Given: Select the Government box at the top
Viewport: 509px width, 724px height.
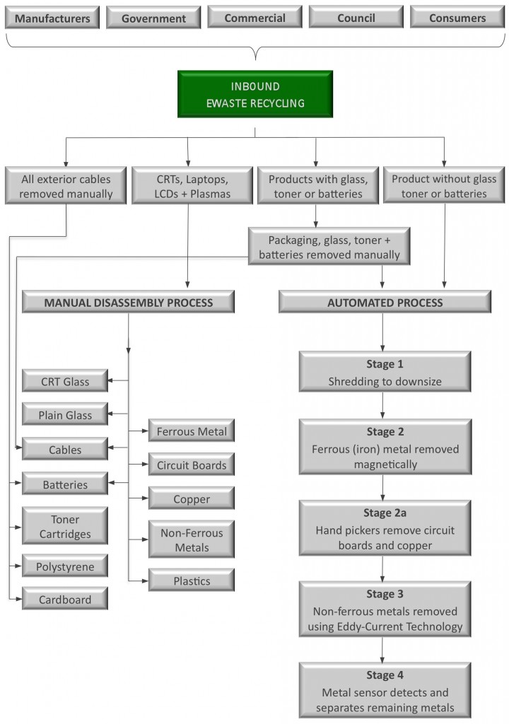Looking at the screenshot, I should tap(153, 17).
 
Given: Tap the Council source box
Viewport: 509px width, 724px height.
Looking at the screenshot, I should tap(356, 17).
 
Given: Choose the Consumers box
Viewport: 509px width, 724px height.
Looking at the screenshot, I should tap(457, 17).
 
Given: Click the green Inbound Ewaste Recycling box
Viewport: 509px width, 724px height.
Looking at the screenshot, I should tap(255, 94).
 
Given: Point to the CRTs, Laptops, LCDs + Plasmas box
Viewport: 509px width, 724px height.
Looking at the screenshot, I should tap(192, 185).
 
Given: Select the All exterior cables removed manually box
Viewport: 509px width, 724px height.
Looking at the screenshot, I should tap(66, 185).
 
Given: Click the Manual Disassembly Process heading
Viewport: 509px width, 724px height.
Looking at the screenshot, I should tap(129, 302).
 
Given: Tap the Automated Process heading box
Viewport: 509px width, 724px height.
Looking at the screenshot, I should tap(385, 302).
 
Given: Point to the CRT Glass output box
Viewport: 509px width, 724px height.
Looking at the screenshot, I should tap(64, 381).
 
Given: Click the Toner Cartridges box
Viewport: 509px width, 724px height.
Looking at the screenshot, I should tap(64, 527).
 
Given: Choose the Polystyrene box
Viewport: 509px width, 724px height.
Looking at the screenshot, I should tap(64, 566).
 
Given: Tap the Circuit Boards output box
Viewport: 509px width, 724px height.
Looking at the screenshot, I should tap(191, 465).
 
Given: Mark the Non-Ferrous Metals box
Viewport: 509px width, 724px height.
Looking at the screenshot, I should tap(191, 539).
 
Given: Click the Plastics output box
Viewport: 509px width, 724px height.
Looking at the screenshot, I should tap(191, 580).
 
